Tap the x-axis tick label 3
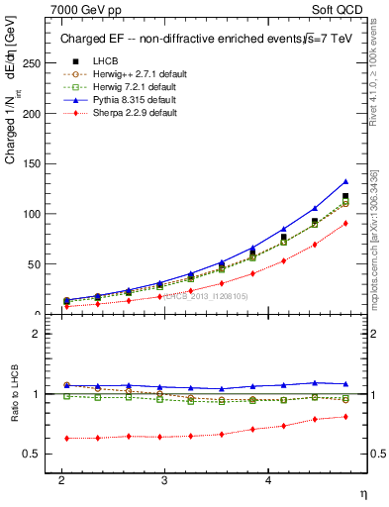(x=164, y=478)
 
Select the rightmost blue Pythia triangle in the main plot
(x=345, y=181)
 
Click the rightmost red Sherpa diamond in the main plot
(x=345, y=224)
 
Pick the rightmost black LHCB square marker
(x=345, y=197)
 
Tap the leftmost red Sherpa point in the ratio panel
(x=66, y=438)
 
